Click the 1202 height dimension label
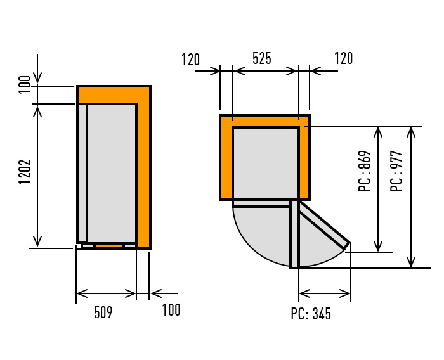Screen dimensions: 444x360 [x=25, y=172]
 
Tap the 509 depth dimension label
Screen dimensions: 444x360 [x=103, y=312]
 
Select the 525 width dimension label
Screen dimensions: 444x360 [x=261, y=58]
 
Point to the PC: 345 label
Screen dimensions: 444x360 [x=311, y=314]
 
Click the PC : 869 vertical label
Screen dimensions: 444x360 [x=365, y=171]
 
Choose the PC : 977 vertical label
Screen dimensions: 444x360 [x=396, y=171]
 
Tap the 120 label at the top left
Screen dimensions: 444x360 [x=190, y=60]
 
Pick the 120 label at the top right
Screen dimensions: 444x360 [x=344, y=58]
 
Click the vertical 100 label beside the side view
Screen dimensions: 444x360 [x=24, y=84]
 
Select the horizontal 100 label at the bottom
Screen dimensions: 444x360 [x=171, y=310]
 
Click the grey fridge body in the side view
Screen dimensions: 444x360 [x=112, y=173]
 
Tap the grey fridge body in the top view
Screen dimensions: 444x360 [x=266, y=164]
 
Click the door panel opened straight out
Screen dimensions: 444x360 [x=294, y=234]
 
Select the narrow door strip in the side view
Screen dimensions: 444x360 [x=82, y=173]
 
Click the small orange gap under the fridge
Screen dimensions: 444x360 [x=109, y=246]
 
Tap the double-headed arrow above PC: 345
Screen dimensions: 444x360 [x=325, y=293]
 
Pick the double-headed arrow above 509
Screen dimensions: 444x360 [x=106, y=293]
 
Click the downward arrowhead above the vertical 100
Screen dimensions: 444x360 [x=37, y=77]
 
